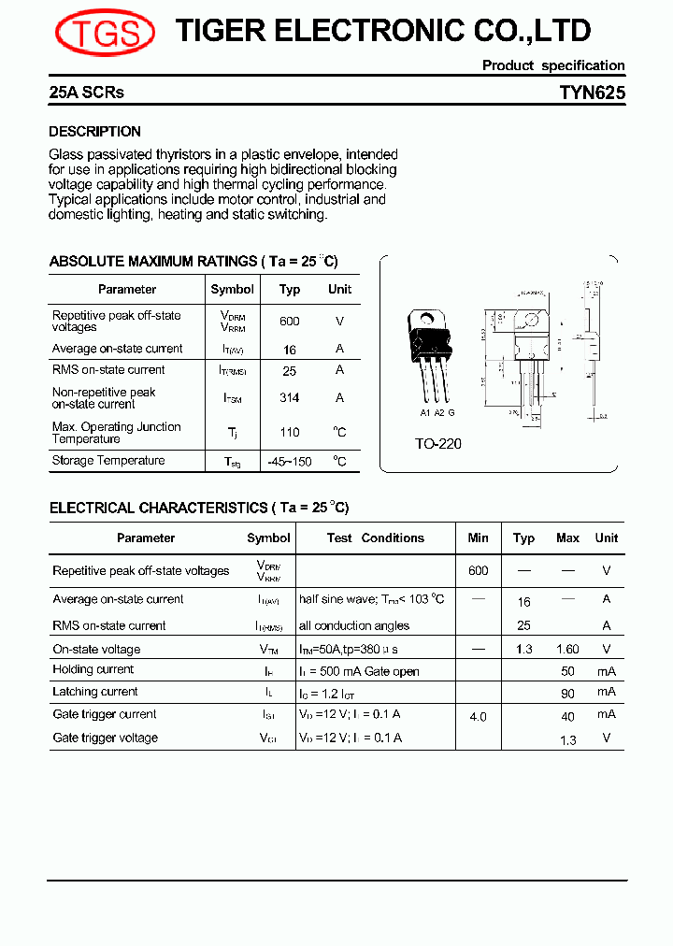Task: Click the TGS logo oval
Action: click(105, 33)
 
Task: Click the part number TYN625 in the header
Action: click(592, 93)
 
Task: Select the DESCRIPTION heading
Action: click(94, 132)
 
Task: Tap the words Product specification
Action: click(553, 65)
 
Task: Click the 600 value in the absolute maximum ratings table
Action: click(290, 322)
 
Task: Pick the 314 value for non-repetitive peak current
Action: click(290, 398)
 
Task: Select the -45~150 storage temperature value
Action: click(290, 462)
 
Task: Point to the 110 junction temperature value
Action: click(290, 433)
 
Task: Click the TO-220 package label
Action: click(438, 444)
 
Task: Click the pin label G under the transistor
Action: click(451, 412)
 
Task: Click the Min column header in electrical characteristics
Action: click(478, 538)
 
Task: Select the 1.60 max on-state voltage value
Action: click(567, 650)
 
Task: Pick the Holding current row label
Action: click(93, 670)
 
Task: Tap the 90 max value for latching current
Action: click(567, 693)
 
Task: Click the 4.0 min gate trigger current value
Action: click(478, 717)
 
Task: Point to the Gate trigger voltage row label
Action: click(105, 738)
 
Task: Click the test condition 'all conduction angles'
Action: click(354, 626)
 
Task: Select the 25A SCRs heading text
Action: click(86, 93)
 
